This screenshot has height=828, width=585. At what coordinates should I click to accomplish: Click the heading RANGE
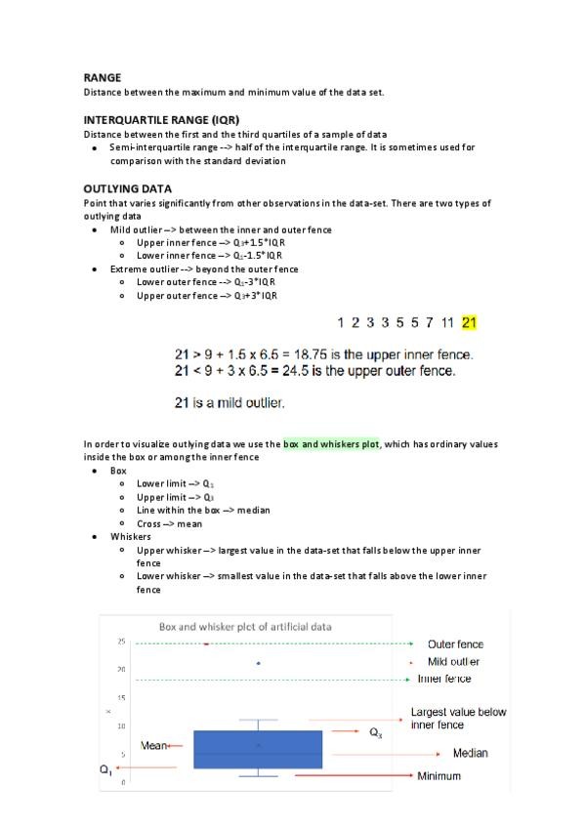pyautogui.click(x=103, y=77)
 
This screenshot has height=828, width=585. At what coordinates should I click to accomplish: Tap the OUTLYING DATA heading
pyautogui.click(x=128, y=188)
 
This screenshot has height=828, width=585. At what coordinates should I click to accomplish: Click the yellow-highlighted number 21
pyautogui.click(x=470, y=322)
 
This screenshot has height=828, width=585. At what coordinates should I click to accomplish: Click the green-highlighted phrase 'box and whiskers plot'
pyautogui.click(x=332, y=444)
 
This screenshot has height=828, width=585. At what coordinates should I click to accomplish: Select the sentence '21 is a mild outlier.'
pyautogui.click(x=230, y=402)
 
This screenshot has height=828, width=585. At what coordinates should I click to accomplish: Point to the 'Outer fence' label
pyautogui.click(x=455, y=644)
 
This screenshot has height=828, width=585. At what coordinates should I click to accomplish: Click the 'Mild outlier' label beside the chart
pyautogui.click(x=454, y=662)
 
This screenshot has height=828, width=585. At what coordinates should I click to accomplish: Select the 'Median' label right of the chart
pyautogui.click(x=470, y=754)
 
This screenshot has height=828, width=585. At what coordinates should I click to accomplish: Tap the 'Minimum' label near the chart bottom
pyautogui.click(x=439, y=776)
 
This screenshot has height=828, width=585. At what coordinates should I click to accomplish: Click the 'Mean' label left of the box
pyautogui.click(x=153, y=746)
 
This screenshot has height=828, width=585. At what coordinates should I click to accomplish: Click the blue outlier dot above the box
pyautogui.click(x=258, y=664)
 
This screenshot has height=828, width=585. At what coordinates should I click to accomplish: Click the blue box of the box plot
pyautogui.click(x=259, y=748)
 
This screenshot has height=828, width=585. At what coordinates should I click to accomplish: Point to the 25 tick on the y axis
pyautogui.click(x=122, y=642)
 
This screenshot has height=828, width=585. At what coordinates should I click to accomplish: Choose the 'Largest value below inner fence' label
pyautogui.click(x=458, y=719)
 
